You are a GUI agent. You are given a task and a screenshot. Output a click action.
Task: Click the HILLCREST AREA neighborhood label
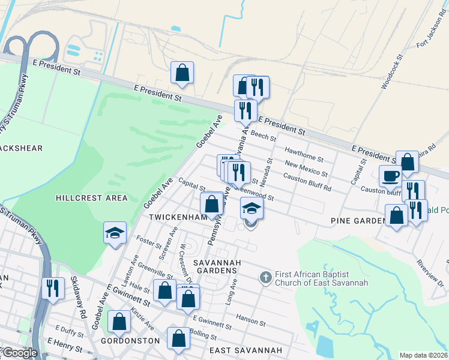(x=91, y=198)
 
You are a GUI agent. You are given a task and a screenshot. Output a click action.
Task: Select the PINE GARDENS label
(x=358, y=221)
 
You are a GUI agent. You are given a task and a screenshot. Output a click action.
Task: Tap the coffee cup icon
(x=390, y=176)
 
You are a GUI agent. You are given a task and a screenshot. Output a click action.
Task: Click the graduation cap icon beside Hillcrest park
(x=115, y=233)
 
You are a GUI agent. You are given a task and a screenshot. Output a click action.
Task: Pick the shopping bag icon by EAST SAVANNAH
(x=179, y=338)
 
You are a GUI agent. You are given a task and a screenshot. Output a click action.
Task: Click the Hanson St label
(x=250, y=320)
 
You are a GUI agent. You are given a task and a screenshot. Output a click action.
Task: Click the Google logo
(x=19, y=353)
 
